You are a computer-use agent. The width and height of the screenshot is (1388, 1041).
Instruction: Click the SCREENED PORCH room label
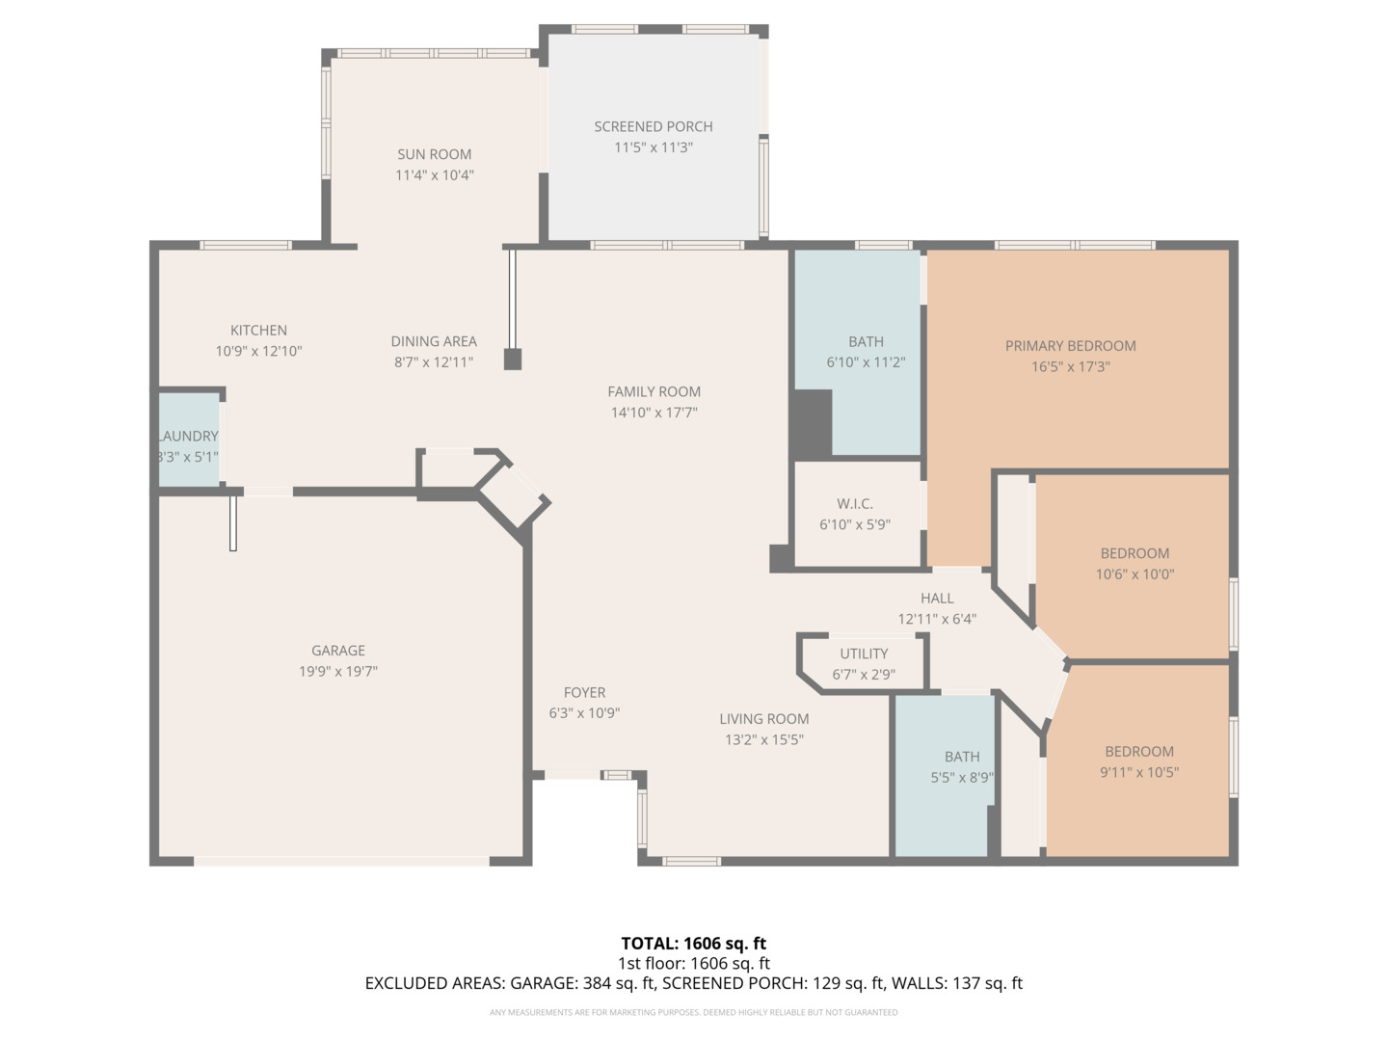(x=653, y=126)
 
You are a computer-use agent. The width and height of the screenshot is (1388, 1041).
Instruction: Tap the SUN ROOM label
(x=434, y=154)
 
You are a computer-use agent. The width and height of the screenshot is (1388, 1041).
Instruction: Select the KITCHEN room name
(x=258, y=331)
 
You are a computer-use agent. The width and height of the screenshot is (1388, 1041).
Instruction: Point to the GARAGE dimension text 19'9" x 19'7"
(x=337, y=672)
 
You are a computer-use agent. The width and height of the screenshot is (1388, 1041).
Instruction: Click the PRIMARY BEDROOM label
(x=1070, y=346)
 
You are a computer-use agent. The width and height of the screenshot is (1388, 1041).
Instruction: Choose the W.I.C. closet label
(x=855, y=504)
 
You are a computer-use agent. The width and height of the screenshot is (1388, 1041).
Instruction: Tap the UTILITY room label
(x=864, y=654)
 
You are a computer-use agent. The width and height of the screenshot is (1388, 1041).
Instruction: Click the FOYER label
(x=584, y=693)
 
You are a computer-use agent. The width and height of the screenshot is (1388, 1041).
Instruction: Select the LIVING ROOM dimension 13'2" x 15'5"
(x=763, y=740)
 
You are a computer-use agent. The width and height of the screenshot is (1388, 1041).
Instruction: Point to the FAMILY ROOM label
(x=654, y=391)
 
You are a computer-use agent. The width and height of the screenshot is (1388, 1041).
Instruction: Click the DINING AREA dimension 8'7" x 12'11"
(x=434, y=362)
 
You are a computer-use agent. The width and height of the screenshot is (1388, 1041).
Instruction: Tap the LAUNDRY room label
(x=188, y=437)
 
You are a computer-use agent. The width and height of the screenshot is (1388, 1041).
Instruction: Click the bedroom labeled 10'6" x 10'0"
(x=1134, y=564)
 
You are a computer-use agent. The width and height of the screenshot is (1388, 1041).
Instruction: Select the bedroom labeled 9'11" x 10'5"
(x=1139, y=761)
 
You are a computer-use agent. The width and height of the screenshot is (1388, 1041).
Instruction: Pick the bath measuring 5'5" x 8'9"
(x=961, y=767)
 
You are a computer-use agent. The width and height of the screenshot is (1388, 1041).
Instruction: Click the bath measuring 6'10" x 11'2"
(x=866, y=352)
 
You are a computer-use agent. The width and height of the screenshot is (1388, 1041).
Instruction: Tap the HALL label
(x=936, y=599)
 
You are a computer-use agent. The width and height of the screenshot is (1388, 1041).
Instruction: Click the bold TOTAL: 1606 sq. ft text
(x=693, y=944)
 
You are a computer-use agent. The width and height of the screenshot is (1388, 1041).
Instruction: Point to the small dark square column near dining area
(x=513, y=360)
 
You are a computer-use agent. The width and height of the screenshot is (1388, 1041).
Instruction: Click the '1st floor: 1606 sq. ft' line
(x=693, y=964)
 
